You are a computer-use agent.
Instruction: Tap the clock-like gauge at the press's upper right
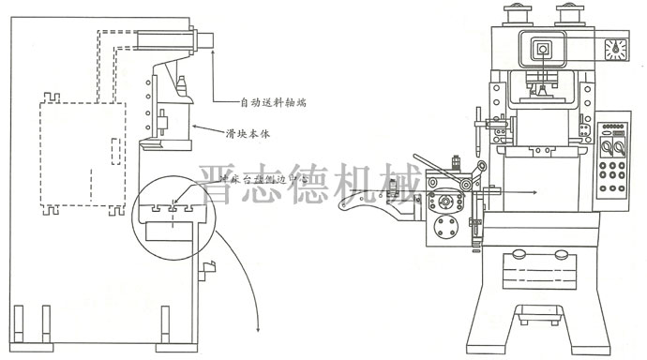616,50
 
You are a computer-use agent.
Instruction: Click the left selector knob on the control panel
606,149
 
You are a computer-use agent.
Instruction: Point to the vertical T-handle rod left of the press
479,131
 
